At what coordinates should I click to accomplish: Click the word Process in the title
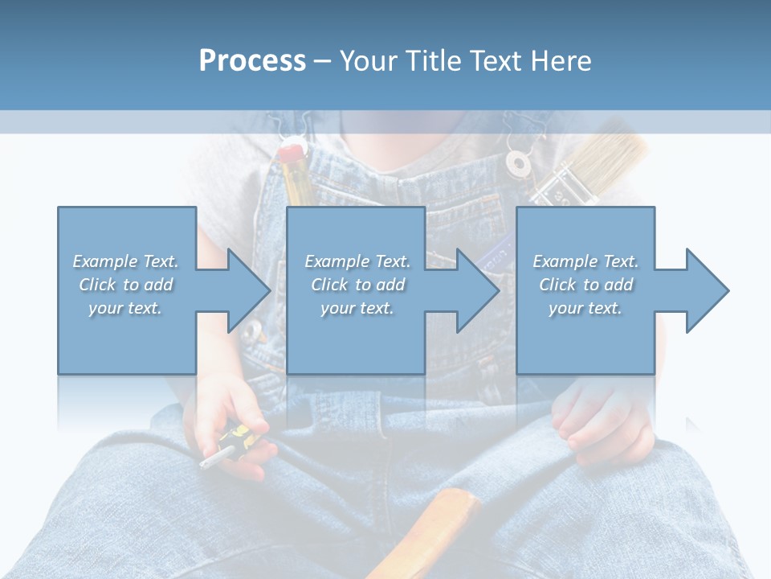coord(252,61)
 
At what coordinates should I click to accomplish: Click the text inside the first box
coord(125,285)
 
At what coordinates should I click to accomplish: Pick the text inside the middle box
coord(357,285)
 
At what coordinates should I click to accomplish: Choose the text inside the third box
coord(585,285)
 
